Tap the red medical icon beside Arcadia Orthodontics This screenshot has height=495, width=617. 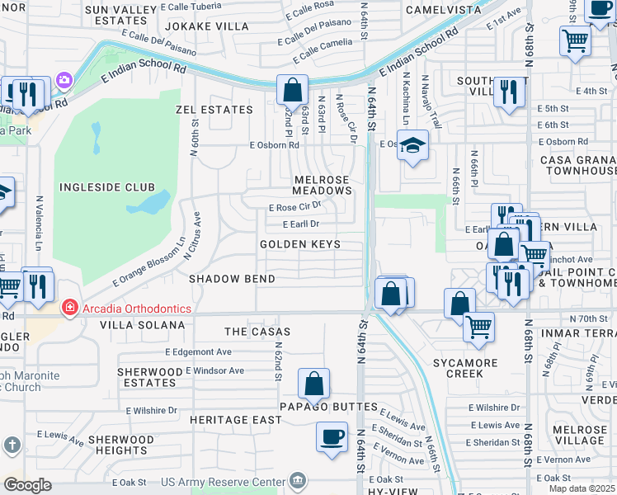(70, 309)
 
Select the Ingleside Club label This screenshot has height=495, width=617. (102, 187)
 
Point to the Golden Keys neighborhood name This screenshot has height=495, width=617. (300, 245)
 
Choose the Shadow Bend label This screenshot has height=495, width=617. (232, 279)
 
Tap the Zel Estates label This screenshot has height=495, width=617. (214, 110)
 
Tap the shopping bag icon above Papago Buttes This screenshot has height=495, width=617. (313, 383)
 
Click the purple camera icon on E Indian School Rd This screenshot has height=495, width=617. (64, 81)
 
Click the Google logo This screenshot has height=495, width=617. (27, 485)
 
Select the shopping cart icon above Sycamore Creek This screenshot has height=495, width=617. (478, 327)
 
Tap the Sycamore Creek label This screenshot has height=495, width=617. (467, 368)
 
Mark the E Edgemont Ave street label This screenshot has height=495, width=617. (198, 351)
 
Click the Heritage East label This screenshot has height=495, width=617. (236, 420)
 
